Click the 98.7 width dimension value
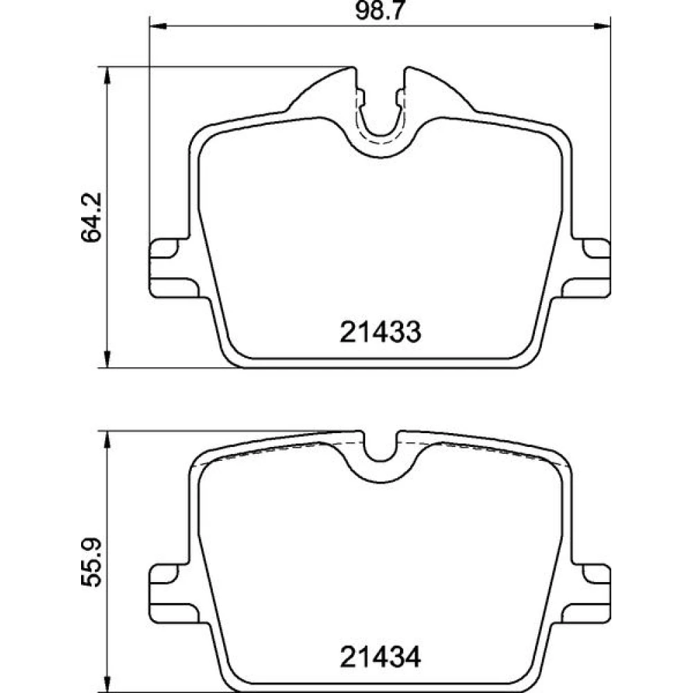pos(380,11)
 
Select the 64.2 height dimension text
pos(91,217)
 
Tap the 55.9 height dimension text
pos(91,562)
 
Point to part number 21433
pos(380,332)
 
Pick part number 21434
pos(380,657)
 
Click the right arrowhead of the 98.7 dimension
pos(602,26)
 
